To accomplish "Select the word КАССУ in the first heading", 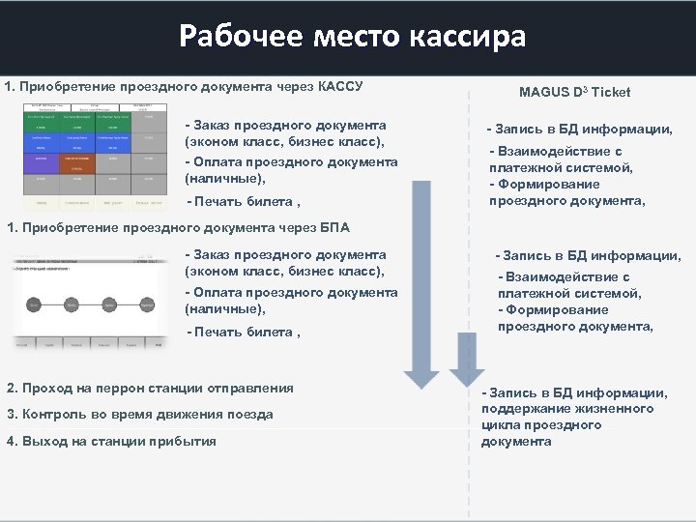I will [337, 86].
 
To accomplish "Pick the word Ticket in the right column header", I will [610, 92].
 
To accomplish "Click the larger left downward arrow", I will [421, 280].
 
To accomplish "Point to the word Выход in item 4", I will [37, 442].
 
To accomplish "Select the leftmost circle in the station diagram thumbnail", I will [34, 304].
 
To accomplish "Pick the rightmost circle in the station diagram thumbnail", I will [147, 304].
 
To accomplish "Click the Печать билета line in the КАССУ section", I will [243, 202].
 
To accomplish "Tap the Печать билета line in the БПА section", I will [243, 333].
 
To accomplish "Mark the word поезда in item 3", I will [251, 415].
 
